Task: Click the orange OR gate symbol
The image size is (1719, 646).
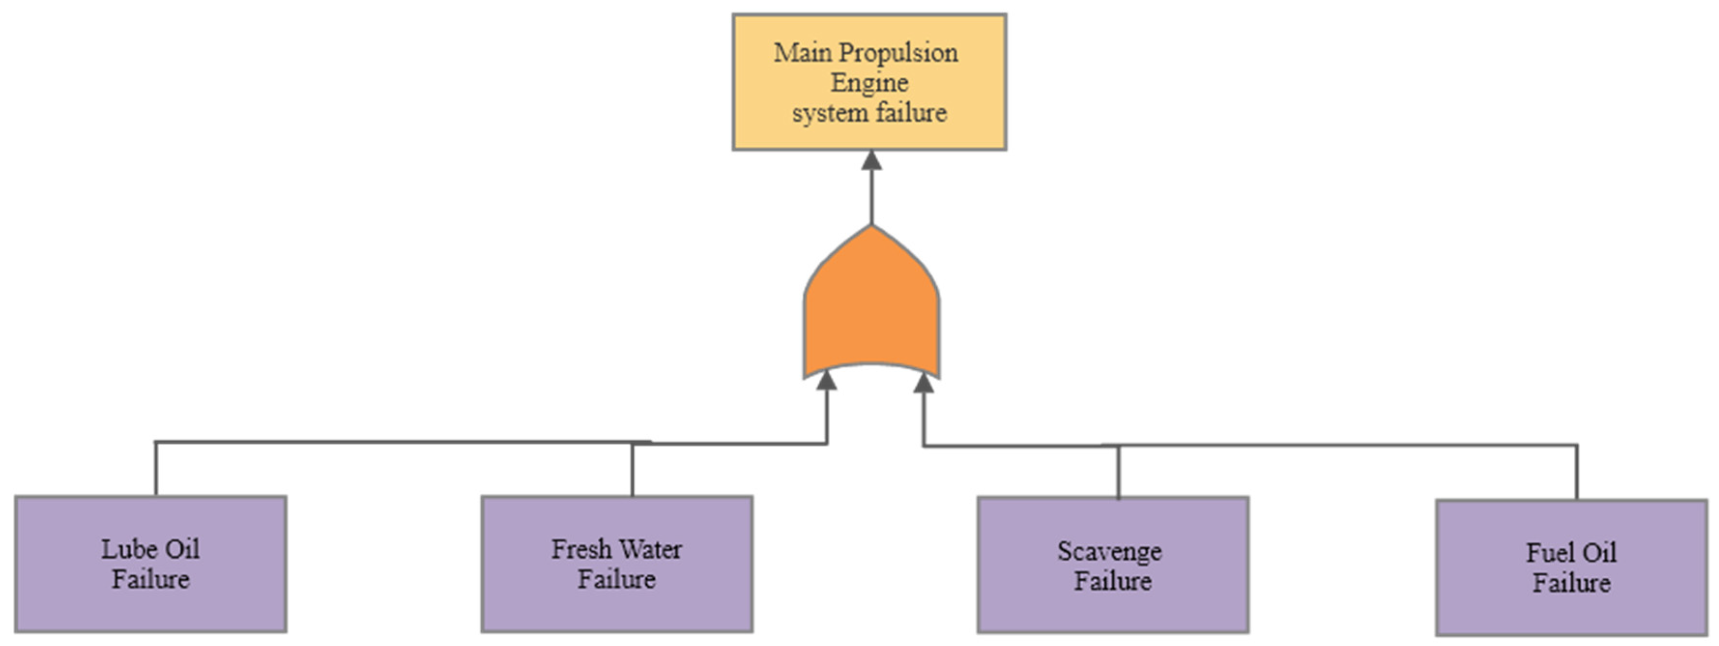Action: [871, 307]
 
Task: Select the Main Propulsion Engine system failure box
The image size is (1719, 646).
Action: [869, 82]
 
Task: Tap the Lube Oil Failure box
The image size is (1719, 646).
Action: [151, 564]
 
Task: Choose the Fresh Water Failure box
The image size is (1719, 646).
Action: [617, 564]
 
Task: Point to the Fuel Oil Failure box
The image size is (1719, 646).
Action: [1572, 567]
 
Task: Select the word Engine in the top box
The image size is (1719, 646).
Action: [869, 83]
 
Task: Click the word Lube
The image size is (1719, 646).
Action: [127, 549]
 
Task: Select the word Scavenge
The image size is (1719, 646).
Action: [1109, 551]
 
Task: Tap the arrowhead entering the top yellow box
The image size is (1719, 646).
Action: [871, 160]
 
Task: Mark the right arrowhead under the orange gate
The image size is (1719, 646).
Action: [923, 383]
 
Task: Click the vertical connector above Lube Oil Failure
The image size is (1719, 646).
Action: [156, 468]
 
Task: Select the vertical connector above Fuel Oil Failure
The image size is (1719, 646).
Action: [1577, 472]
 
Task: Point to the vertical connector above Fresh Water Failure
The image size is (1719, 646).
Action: [632, 470]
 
